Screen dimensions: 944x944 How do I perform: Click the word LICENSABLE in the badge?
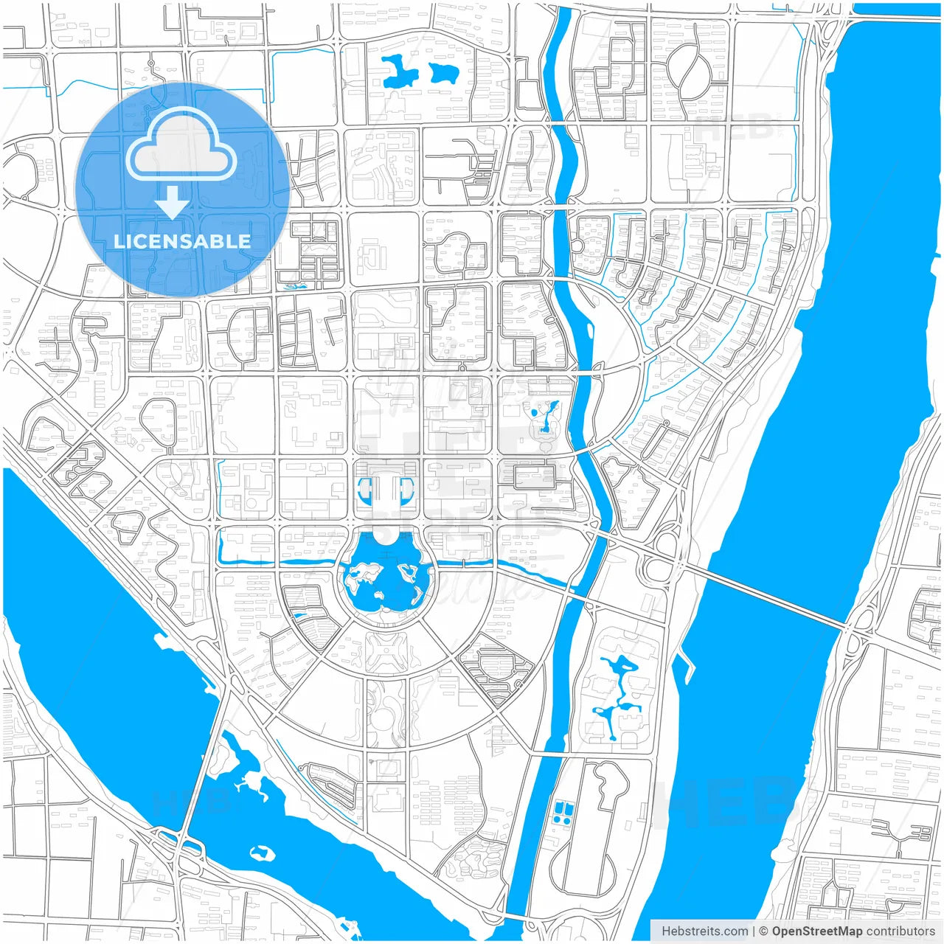[x=182, y=241]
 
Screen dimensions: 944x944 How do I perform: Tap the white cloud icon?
[x=181, y=147]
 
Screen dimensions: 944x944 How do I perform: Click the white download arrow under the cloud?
[x=172, y=202]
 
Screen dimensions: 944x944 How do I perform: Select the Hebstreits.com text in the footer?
[x=704, y=931]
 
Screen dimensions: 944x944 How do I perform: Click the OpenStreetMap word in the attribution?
[x=816, y=931]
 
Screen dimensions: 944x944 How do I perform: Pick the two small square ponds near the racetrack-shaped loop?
[x=561, y=812]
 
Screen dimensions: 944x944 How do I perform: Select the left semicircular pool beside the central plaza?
[x=364, y=488]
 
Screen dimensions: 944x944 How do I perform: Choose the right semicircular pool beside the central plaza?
[x=407, y=488]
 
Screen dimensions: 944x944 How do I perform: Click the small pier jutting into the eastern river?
[x=686, y=663]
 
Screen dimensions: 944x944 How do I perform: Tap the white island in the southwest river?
[x=262, y=853]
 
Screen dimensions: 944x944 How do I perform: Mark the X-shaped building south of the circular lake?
[x=386, y=652]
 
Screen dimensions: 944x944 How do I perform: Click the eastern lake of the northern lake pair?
[x=444, y=72]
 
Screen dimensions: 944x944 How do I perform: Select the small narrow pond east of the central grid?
[x=546, y=417]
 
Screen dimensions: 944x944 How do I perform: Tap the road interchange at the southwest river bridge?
[x=181, y=846]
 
